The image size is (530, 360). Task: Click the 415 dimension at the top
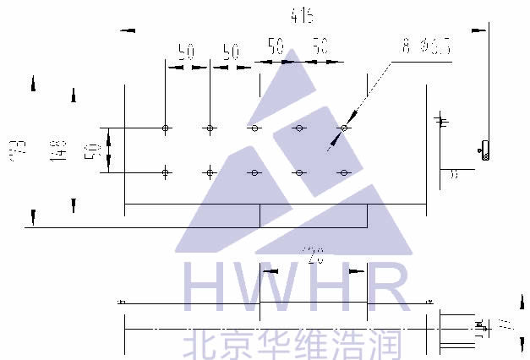(x=300, y=14)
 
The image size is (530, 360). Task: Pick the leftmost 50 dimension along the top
(x=187, y=52)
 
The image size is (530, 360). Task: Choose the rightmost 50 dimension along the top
(x=320, y=46)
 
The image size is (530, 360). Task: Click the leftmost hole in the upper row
(x=167, y=128)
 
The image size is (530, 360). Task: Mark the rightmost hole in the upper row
(x=343, y=128)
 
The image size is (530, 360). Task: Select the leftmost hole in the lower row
(x=167, y=172)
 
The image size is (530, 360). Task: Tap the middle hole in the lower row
(x=254, y=172)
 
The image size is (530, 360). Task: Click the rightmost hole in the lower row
(x=343, y=172)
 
